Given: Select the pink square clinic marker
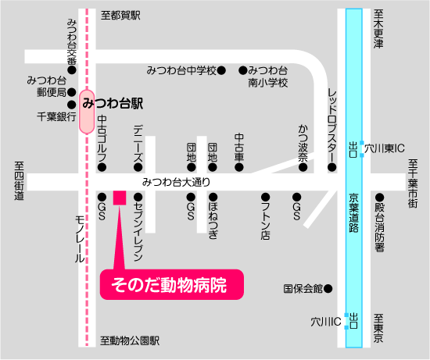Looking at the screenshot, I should coord(120,197).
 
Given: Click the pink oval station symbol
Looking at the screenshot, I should coord(85,110).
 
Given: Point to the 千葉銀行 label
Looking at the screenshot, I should coord(56,116).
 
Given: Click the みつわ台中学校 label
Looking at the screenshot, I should coord(181,70).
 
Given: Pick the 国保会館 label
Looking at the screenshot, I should coord(303,288).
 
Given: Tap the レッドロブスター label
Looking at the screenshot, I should coord(332,120).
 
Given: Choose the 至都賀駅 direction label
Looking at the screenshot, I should coord(122,15).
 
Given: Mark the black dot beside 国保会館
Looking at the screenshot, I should coord(328,288).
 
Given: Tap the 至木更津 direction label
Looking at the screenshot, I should coord(379,30).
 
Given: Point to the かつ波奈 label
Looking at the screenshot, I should coord(303,142).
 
